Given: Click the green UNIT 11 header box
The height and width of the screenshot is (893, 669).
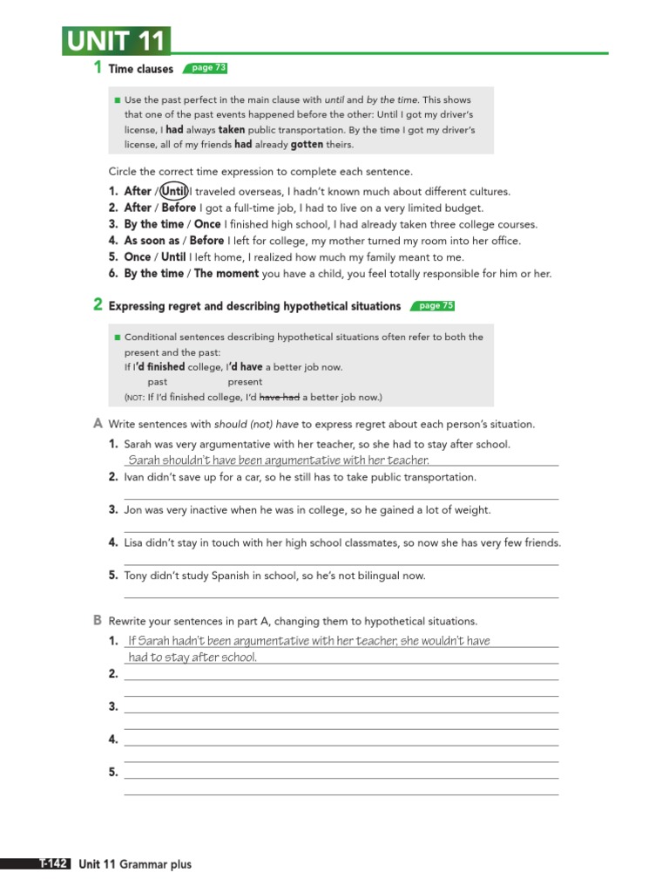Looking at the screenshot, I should point(116,41).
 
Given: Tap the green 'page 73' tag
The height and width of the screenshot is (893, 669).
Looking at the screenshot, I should point(208,68).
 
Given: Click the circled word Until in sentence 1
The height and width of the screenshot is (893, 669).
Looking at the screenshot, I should point(174,191).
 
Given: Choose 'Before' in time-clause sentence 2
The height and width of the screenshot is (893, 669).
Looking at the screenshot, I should point(179,208).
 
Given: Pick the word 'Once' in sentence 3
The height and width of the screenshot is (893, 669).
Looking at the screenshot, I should point(207,224).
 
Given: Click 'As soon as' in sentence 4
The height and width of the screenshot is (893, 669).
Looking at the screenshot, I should point(152,241).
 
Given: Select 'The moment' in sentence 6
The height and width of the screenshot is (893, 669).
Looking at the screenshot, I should point(226,274).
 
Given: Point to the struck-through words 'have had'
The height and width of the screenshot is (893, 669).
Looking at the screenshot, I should point(280,398).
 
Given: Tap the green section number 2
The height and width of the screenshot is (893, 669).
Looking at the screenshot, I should point(98,305).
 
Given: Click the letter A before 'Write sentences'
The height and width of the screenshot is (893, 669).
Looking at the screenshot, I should point(98,424).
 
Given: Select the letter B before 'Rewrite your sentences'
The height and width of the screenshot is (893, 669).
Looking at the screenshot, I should point(98,621).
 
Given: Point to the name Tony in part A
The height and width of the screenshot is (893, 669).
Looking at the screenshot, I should point(136,576).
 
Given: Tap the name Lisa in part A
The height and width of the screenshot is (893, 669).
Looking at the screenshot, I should point(133,542).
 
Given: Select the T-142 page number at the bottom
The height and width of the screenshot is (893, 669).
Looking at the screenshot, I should point(53,864).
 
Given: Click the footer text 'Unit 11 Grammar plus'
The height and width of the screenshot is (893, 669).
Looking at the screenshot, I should point(135,864).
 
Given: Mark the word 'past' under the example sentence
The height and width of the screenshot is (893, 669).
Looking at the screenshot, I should point(158,382).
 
